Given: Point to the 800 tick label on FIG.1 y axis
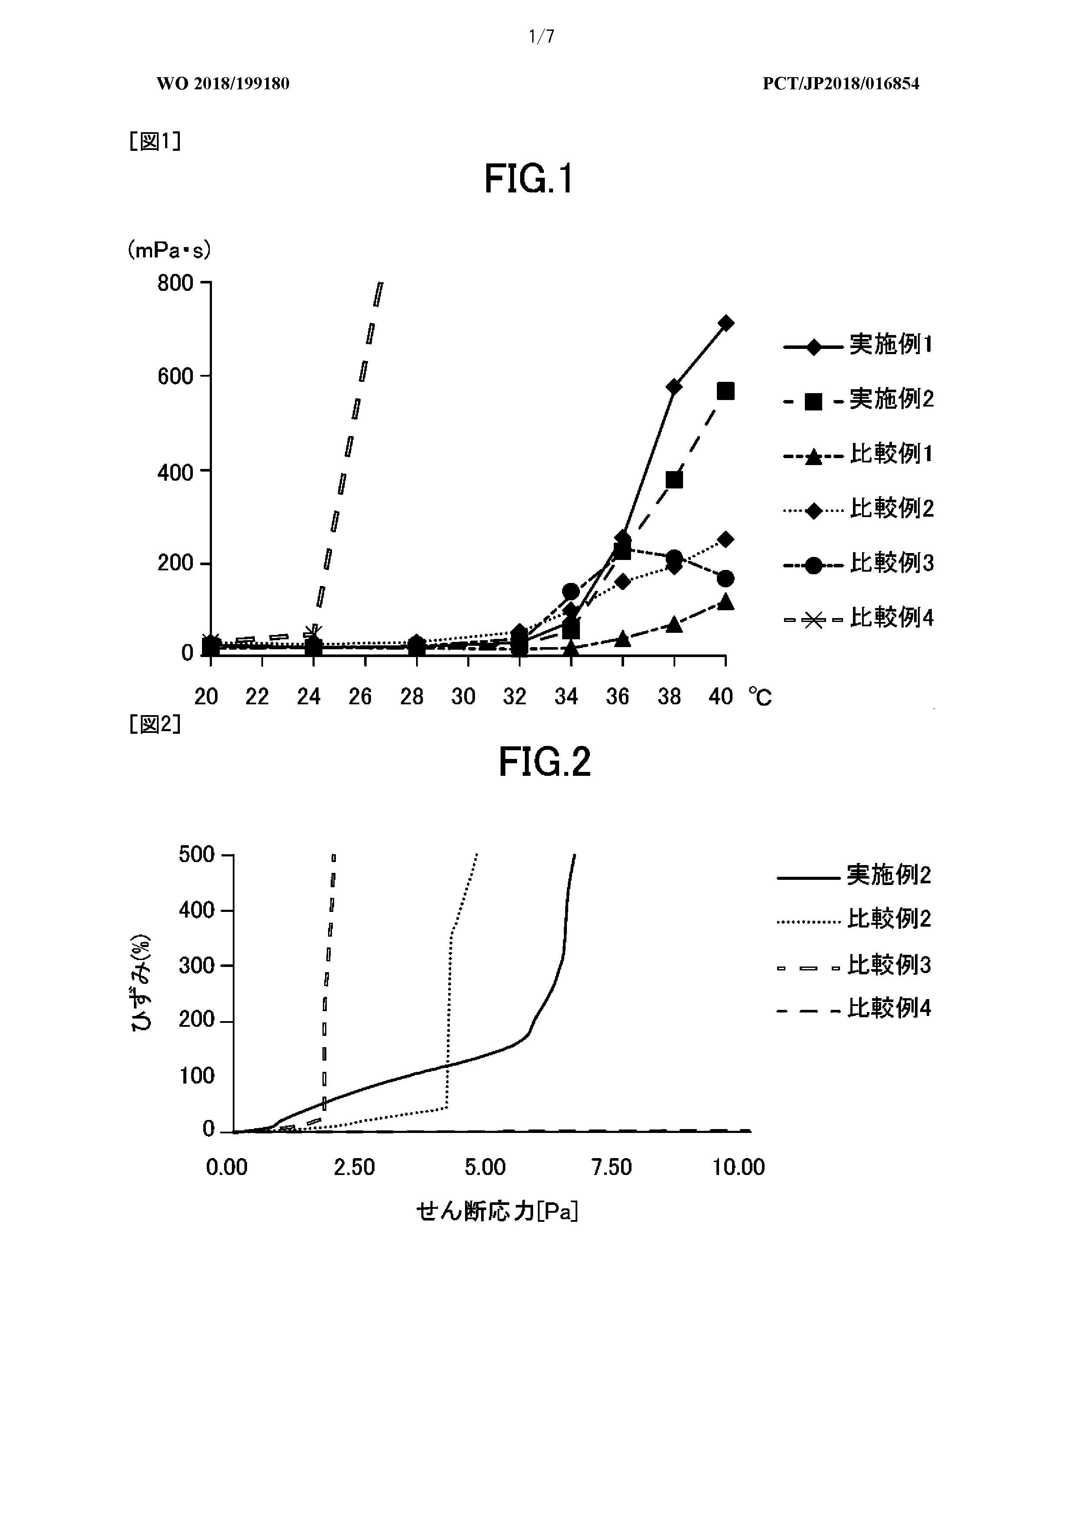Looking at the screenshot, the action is pyautogui.click(x=176, y=283).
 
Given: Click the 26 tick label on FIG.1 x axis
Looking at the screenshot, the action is pyautogui.click(x=360, y=697).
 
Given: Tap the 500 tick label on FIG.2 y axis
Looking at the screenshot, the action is pyautogui.click(x=197, y=855).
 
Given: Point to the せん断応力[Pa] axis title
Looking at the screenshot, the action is pyautogui.click(x=497, y=1211).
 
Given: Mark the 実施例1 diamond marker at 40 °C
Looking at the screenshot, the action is pyautogui.click(x=726, y=323).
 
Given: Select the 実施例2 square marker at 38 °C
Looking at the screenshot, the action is pyautogui.click(x=674, y=479).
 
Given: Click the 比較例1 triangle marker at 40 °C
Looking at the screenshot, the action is pyautogui.click(x=726, y=602).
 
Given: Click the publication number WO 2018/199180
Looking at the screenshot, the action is pyautogui.click(x=223, y=83).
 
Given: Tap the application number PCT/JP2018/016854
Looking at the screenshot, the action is pyautogui.click(x=841, y=83).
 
